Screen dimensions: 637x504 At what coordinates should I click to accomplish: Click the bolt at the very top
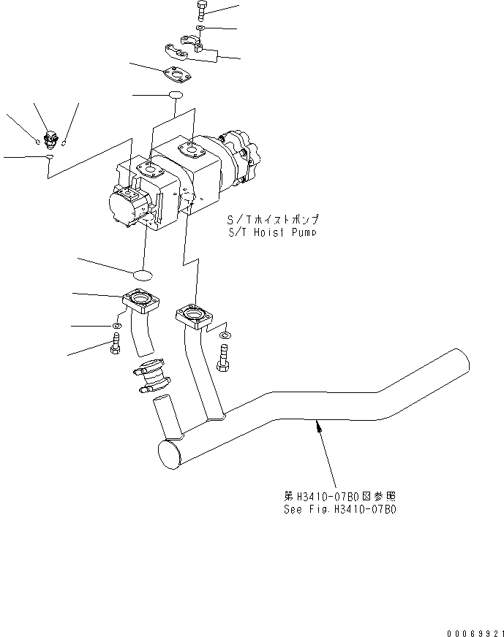[x=203, y=12]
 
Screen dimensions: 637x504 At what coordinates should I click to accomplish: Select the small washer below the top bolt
[x=201, y=28]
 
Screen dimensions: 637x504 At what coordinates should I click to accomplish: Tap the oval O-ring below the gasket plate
[x=176, y=96]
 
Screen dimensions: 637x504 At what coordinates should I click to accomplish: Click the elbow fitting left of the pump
[x=50, y=136]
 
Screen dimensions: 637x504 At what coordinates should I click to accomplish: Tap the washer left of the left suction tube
[x=117, y=324]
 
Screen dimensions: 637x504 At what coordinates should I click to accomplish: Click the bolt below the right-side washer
[x=224, y=359]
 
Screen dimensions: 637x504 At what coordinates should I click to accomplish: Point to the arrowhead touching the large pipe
[x=317, y=426]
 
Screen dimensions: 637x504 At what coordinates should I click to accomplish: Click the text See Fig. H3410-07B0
[x=339, y=509]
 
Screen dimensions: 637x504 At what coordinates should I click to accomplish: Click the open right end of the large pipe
[x=459, y=362]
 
